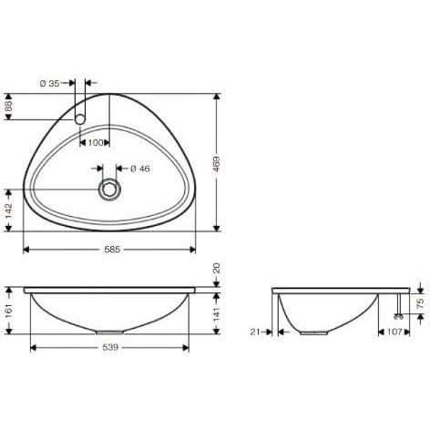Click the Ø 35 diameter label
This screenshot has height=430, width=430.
click(x=50, y=83)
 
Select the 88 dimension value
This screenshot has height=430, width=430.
click(x=8, y=107)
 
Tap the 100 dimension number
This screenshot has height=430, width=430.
click(x=96, y=142)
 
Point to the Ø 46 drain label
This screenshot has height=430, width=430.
click(x=140, y=169)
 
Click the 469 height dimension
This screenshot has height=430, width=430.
click(x=216, y=164)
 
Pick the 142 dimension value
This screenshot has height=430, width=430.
click(x=8, y=210)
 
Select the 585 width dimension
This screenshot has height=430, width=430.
click(x=112, y=250)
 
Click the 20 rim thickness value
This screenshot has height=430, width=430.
click(x=216, y=269)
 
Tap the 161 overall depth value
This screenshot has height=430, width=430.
click(x=8, y=311)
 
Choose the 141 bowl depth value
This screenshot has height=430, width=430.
click(x=216, y=314)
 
